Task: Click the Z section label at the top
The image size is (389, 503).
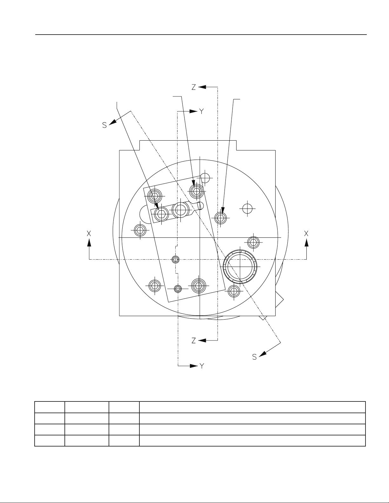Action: tap(194, 87)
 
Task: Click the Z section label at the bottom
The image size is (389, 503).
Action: tap(194, 341)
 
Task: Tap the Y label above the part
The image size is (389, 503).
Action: tap(202, 112)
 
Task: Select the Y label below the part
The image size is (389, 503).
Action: tap(202, 366)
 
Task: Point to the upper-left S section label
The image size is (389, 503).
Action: tap(104, 125)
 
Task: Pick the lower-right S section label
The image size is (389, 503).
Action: tap(254, 357)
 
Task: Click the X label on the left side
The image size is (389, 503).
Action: tap(89, 234)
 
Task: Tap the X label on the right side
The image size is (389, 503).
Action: tap(306, 234)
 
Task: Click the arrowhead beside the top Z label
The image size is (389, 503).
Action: tap(202, 87)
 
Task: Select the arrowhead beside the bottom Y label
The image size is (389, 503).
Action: tap(194, 366)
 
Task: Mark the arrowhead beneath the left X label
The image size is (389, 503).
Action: tap(89, 243)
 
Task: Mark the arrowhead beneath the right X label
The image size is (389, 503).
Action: tap(306, 243)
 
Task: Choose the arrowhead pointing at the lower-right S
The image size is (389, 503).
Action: tap(263, 354)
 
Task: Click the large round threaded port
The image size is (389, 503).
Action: tap(240, 267)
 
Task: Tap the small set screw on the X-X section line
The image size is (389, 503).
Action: tap(176, 260)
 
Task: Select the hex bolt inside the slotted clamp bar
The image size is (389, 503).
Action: tap(161, 214)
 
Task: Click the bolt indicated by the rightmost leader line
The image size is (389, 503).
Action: tap(220, 218)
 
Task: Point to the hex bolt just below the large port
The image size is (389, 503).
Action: tap(234, 291)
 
